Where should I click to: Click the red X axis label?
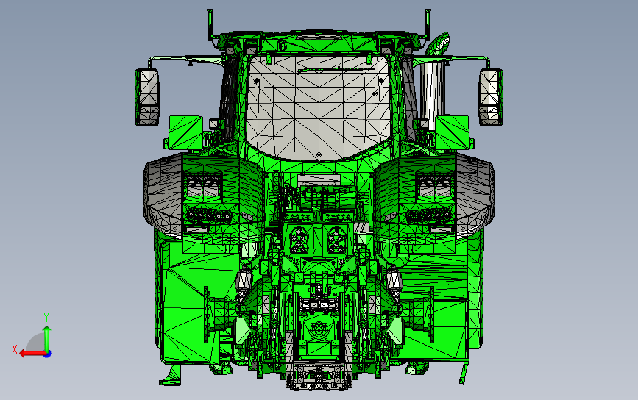pyautogui.click(x=15, y=349)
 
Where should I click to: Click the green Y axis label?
pyautogui.click(x=46, y=317)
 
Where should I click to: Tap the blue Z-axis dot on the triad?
pyautogui.click(x=47, y=354)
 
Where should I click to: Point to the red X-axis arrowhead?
pyautogui.click(x=23, y=354)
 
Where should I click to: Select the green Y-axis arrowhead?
pyautogui.click(x=47, y=329)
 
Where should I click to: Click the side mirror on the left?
pyautogui.click(x=147, y=97)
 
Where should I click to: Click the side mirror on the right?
pyautogui.click(x=490, y=97)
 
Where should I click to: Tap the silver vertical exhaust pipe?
pyautogui.click(x=431, y=93)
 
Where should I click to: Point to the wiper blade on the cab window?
pyautogui.click(x=336, y=70)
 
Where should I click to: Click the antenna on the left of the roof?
pyautogui.click(x=210, y=24)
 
